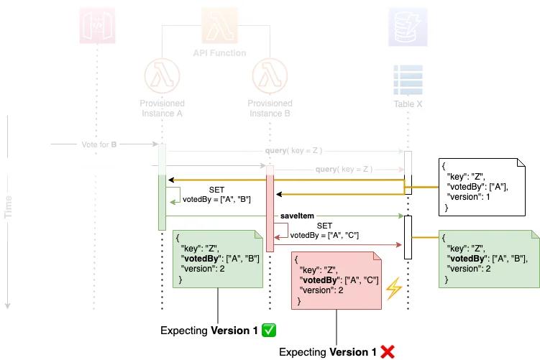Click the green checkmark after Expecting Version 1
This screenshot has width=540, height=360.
(x=270, y=331)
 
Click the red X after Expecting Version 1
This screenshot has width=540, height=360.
(x=388, y=352)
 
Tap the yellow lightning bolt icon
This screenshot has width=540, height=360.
(x=393, y=288)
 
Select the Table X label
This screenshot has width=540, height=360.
(x=408, y=103)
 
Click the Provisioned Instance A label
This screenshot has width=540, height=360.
(x=162, y=109)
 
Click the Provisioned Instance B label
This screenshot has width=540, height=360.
(x=270, y=109)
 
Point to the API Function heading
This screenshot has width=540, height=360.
(x=219, y=52)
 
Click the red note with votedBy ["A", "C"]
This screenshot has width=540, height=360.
(x=337, y=280)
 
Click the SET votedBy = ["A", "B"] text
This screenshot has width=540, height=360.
(x=216, y=194)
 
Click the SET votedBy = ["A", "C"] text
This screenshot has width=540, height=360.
(x=324, y=230)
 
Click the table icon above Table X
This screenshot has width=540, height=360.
(x=407, y=78)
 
